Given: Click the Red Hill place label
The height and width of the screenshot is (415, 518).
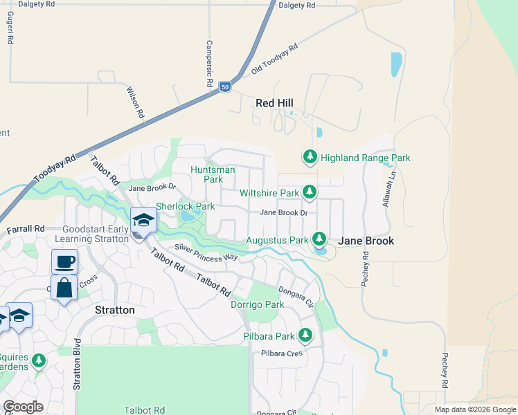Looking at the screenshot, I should pos(274,103).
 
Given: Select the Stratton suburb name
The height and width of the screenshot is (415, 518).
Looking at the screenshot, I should pos(114,310).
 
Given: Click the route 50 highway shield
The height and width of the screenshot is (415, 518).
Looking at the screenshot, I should pos(224,86).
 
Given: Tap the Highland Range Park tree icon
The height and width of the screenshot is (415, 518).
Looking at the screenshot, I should pos(310,158).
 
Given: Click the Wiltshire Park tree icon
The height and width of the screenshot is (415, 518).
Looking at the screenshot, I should pos(310,193).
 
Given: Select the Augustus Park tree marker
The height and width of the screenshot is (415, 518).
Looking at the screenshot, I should pos(319,240).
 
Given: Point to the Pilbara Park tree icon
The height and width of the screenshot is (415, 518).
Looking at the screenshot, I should pos(305,336).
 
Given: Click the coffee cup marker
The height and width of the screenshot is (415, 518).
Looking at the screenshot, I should pos(64,262).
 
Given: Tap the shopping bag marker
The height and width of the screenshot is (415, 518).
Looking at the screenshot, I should pos(64,288).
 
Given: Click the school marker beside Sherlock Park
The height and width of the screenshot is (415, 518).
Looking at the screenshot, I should pos(143,220).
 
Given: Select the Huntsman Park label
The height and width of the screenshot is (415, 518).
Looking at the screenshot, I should pos(213,174).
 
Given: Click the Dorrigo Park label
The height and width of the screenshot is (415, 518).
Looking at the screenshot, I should pos(257,304).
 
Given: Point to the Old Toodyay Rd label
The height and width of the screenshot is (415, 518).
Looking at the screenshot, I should pos(274,59).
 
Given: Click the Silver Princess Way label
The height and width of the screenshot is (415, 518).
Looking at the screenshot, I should pos(206,252).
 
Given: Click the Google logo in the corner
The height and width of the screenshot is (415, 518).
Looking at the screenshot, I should pos(23,407).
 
